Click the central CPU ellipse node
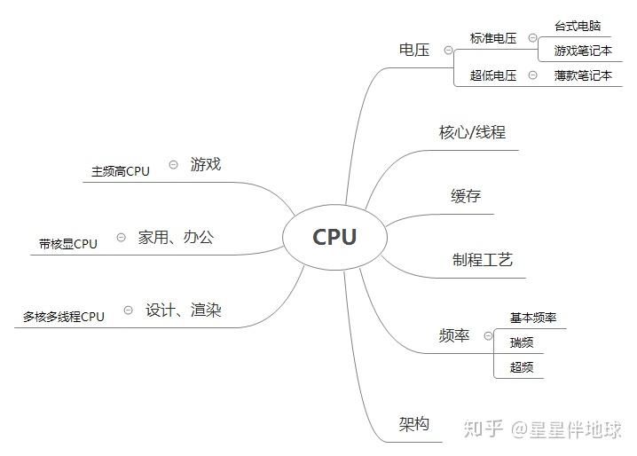(334, 237)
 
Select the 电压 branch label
(414, 50)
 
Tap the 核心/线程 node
(472, 133)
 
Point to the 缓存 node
(466, 196)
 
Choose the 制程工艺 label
(483, 260)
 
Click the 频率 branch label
(454, 336)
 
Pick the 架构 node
(414, 424)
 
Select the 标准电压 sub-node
(493, 39)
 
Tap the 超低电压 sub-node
(493, 75)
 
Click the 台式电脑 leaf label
(578, 27)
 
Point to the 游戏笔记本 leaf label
(583, 51)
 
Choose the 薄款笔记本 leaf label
(583, 75)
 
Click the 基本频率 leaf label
(533, 318)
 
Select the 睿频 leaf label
(522, 342)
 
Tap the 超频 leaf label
(522, 367)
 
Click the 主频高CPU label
(121, 171)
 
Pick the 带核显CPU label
(68, 244)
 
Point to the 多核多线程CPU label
(64, 317)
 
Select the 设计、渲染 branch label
(184, 311)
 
